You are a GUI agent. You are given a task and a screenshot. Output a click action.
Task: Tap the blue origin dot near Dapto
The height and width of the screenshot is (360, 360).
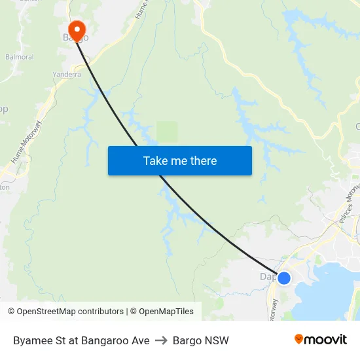pyautogui.click(x=284, y=278)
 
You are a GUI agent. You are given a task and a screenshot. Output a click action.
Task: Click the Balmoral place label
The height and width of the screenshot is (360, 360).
pyautogui.click(x=20, y=57)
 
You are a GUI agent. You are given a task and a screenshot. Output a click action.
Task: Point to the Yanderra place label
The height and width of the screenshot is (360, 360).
pyautogui.click(x=67, y=75)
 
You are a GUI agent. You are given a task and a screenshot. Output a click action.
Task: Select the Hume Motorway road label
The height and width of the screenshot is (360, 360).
pyautogui.click(x=27, y=142)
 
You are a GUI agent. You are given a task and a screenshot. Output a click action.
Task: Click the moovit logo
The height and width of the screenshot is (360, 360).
pyautogui.click(x=321, y=339)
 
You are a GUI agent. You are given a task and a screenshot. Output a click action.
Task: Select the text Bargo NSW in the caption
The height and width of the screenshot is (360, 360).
pyautogui.click(x=201, y=340)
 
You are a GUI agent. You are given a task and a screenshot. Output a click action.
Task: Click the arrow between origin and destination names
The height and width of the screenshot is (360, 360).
pyautogui.click(x=161, y=340)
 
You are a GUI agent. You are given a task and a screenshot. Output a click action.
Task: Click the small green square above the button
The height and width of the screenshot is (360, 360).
pyautogui.click(x=167, y=131)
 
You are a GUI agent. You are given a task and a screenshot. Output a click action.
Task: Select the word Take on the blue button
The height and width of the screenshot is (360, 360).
pyautogui.click(x=155, y=160)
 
